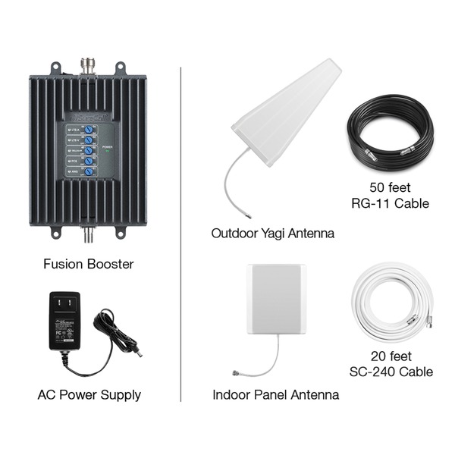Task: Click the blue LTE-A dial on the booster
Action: coord(89,130)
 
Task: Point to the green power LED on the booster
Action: coord(108,152)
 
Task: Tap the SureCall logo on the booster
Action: coord(86,118)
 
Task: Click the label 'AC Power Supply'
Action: coord(89,394)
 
